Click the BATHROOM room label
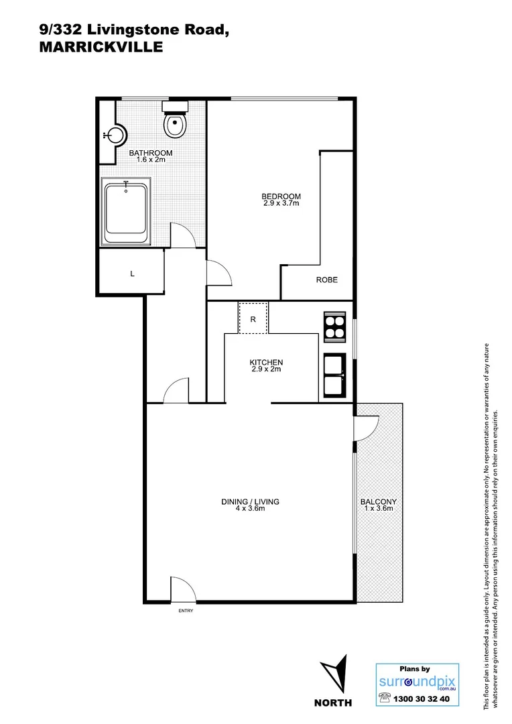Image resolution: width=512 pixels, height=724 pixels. (150, 154)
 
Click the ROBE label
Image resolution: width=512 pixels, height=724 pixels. (326, 280)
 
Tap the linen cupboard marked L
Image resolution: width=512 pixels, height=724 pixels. (132, 274)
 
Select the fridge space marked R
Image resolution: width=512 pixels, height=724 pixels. (253, 319)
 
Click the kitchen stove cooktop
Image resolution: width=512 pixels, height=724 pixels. (334, 328)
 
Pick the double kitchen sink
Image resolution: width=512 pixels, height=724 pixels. (334, 375)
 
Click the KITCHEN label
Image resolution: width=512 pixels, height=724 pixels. (267, 363)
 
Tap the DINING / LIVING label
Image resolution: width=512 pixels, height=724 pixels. (250, 501)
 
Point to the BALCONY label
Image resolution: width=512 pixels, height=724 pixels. (378, 502)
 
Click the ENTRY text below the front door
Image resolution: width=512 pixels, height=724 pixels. (184, 611)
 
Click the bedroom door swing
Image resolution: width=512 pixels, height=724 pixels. (218, 274)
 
